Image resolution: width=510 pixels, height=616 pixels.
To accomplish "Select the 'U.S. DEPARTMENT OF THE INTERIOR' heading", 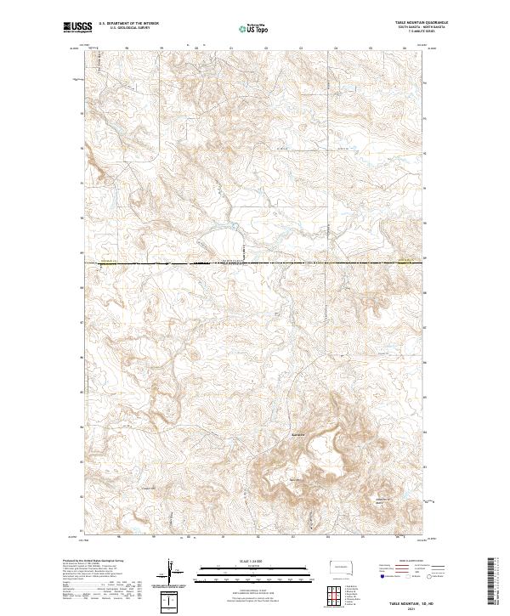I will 128,23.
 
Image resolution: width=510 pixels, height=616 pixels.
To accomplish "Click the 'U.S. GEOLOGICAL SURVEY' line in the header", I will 125,27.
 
